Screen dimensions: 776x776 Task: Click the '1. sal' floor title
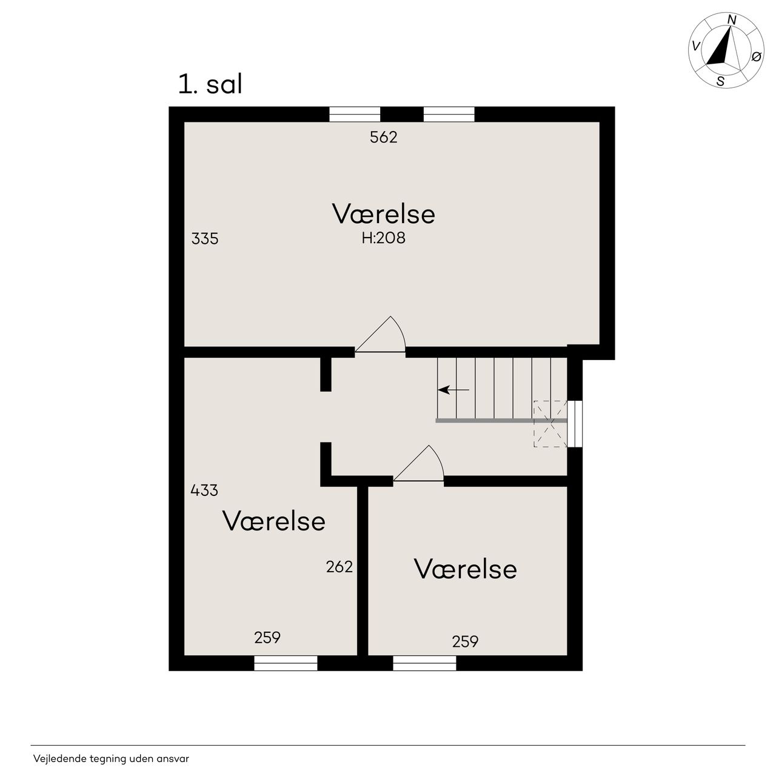[x=210, y=84]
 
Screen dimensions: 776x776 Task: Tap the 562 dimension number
[x=383, y=138]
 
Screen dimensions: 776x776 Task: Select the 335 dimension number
[x=205, y=239]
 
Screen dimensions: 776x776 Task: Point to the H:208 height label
[x=383, y=238]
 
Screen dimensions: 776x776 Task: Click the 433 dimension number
[x=204, y=490]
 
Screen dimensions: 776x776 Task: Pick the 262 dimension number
[x=339, y=567]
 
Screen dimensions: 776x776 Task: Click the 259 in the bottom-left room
[x=267, y=637]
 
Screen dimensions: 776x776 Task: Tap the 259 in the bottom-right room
[x=465, y=641]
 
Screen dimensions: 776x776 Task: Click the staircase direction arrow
[x=453, y=390]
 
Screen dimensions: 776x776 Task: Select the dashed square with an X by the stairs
[x=550, y=424]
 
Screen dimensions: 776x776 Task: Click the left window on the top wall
[x=355, y=115]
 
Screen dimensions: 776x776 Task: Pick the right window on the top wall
[x=449, y=115]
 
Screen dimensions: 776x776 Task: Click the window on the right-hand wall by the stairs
[x=575, y=424]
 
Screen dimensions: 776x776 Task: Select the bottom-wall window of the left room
[x=286, y=663]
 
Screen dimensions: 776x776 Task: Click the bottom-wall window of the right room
[x=424, y=663]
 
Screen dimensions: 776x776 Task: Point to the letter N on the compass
[x=732, y=20]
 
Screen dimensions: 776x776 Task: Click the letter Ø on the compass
[x=756, y=57]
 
